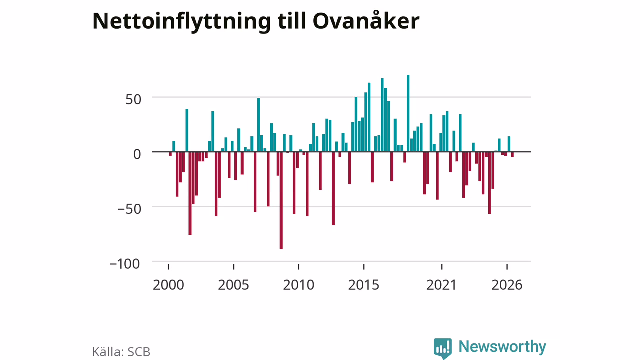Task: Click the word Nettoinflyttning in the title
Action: pos(181,22)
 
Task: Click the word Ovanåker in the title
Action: pos(366,20)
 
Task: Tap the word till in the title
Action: pos(291,21)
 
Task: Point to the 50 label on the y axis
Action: pos(133,99)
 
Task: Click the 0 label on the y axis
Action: pos(137,154)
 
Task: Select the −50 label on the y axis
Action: pos(129,209)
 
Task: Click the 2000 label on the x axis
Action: pos(168,285)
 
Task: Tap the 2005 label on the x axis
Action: pos(233,285)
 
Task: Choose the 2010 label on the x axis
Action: pos(299,285)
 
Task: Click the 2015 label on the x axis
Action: pos(364,285)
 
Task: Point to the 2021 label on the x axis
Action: pos(441,285)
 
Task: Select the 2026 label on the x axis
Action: pos(507,285)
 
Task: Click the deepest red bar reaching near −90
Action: pos(281,200)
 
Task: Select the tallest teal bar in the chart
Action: pos(408,113)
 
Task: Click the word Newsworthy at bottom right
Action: pos(502,346)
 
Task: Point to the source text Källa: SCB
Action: pos(121,352)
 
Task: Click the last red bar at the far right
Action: pos(512,154)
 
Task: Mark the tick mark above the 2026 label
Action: pos(507,267)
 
